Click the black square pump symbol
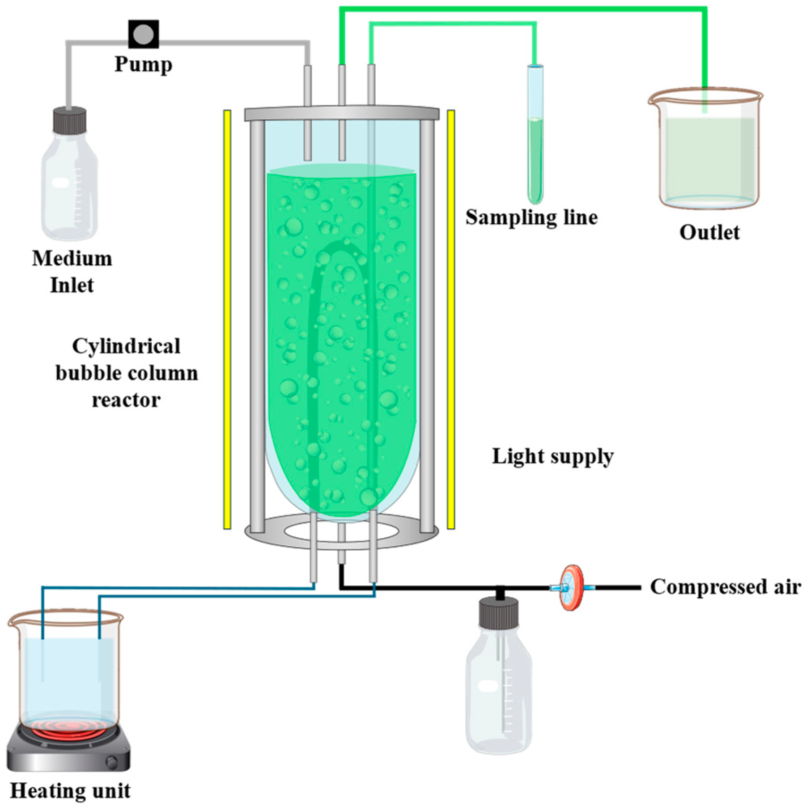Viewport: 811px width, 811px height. (144, 34)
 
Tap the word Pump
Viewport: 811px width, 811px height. (143, 64)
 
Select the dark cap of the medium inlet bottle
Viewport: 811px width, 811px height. (70, 120)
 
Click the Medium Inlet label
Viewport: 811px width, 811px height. (72, 272)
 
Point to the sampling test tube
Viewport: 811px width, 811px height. (535, 134)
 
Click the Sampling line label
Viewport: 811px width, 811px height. (531, 217)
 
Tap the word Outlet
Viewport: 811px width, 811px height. (709, 232)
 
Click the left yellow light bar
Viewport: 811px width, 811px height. (227, 319)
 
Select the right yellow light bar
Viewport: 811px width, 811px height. (451, 319)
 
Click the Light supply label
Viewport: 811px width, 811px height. (553, 457)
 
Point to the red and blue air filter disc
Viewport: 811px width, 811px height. (572, 588)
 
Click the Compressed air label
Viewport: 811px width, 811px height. (725, 586)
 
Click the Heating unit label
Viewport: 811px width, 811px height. (70, 791)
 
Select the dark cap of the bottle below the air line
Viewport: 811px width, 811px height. (499, 613)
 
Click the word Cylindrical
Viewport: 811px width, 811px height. (127, 346)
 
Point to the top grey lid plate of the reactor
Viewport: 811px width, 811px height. (342, 113)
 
